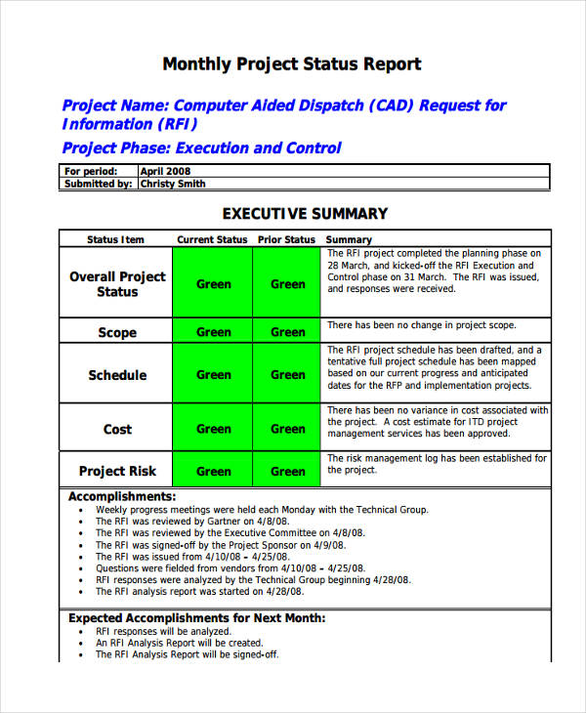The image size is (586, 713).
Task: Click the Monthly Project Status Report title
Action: [x=291, y=64]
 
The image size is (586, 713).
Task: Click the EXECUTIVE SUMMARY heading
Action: [x=305, y=214]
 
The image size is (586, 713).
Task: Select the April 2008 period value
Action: [x=166, y=171]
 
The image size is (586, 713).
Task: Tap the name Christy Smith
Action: [x=173, y=184]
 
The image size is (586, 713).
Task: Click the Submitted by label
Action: [x=99, y=184]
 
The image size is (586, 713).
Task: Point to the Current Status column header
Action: [x=212, y=239]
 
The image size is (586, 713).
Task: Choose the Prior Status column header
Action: [x=286, y=239]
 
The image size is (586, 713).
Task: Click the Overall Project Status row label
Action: [x=117, y=284]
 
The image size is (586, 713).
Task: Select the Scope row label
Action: [x=117, y=332]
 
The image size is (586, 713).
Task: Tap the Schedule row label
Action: [x=117, y=375]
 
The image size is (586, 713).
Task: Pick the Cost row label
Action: [x=117, y=429]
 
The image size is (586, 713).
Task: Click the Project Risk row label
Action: [x=117, y=471]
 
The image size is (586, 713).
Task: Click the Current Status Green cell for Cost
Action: [x=213, y=429]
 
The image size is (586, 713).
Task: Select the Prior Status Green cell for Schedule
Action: [x=287, y=375]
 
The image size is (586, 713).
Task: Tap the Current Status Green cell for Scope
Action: [x=213, y=332]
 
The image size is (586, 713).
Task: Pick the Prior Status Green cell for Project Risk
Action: [x=287, y=471]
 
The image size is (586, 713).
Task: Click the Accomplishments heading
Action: [x=122, y=496]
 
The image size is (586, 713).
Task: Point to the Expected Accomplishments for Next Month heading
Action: [x=196, y=618]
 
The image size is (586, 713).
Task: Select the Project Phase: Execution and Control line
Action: [x=201, y=148]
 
